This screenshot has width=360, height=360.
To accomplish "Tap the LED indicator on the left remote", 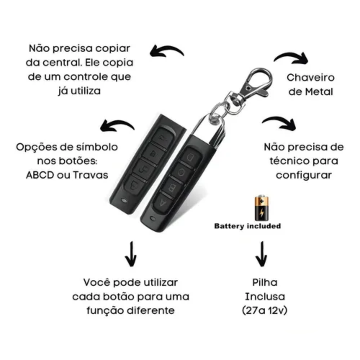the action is [x=124, y=201].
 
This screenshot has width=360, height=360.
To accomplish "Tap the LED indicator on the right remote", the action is [x=152, y=219].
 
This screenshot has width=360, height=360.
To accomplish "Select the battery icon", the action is [x=261, y=208].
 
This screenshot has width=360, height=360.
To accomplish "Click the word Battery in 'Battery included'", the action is [x=229, y=226].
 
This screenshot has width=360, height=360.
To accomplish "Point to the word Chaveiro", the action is [x=310, y=77].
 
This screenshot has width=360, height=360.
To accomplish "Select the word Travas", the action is [x=91, y=175].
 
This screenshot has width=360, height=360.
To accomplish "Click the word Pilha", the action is [x=265, y=282].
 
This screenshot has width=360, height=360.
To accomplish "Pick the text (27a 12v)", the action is [x=265, y=310].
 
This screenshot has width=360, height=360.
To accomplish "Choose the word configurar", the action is [x=304, y=175].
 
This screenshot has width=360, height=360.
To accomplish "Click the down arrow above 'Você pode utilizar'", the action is [x=131, y=254].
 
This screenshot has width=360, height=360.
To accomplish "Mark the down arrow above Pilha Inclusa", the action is [x=261, y=254].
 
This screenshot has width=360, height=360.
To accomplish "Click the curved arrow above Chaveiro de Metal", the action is [x=291, y=58].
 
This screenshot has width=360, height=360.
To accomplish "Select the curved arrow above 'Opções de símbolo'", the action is [x=117, y=126].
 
